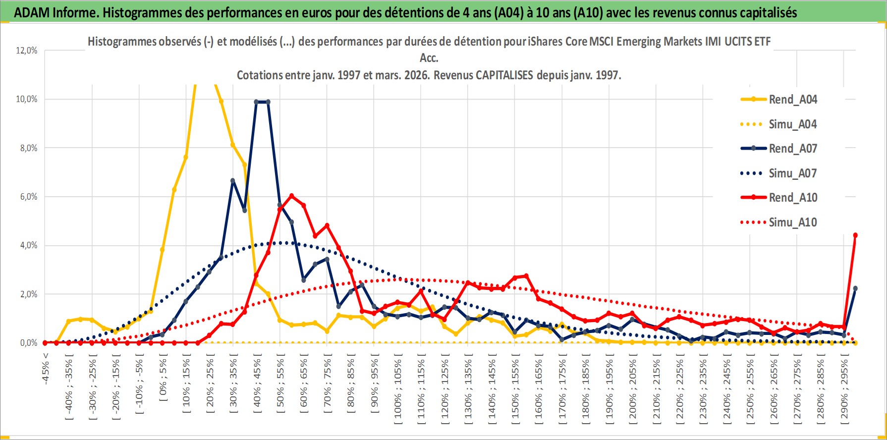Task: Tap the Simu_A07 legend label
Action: [792, 173]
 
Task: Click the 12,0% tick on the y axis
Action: [27, 51]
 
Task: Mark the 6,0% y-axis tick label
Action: [27, 197]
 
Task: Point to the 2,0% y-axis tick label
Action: [27, 294]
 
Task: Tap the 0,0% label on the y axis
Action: [27, 343]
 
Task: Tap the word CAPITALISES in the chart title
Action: [504, 75]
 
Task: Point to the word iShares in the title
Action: [545, 42]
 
